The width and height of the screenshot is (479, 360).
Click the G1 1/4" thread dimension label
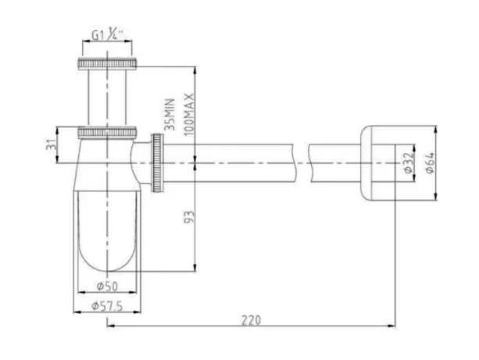pos(109,35)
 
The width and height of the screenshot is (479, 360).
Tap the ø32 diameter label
pos(408,162)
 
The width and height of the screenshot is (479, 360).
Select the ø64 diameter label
pos(428,162)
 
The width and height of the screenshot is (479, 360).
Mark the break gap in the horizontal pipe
pos(302,162)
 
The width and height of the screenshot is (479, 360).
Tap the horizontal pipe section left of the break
pos(234,162)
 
